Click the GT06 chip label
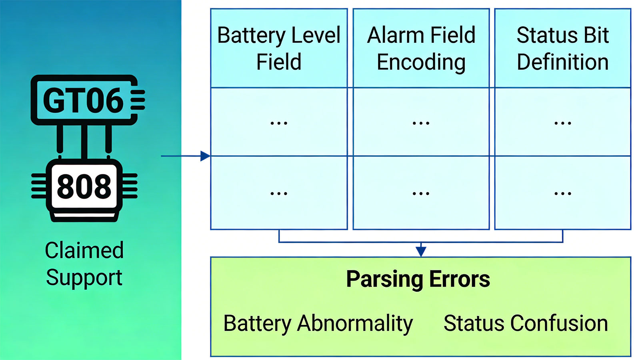[83, 100]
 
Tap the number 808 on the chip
[84, 187]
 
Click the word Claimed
[84, 250]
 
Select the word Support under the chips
[84, 278]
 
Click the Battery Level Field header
[279, 48]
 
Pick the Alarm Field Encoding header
[421, 48]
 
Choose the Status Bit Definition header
[562, 48]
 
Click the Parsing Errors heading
[418, 279]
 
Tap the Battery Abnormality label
[318, 323]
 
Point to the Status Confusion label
[526, 323]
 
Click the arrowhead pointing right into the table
[205, 156]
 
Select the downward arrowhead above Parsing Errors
[421, 251]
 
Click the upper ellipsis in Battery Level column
[279, 123]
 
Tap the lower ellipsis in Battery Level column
[279, 194]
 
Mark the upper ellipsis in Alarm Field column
[421, 123]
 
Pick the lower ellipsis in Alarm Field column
[421, 194]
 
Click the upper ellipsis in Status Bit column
[562, 123]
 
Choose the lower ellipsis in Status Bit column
[562, 194]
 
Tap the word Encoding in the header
[421, 62]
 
